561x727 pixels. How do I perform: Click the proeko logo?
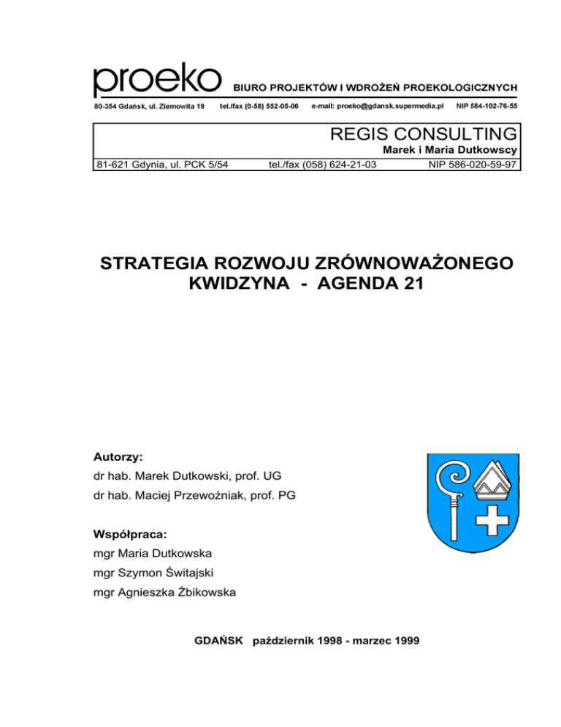(x=156, y=80)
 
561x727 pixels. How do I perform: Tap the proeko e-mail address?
(x=378, y=106)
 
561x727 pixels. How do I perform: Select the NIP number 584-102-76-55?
(x=486, y=106)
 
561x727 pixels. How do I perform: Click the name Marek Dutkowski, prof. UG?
(x=192, y=477)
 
